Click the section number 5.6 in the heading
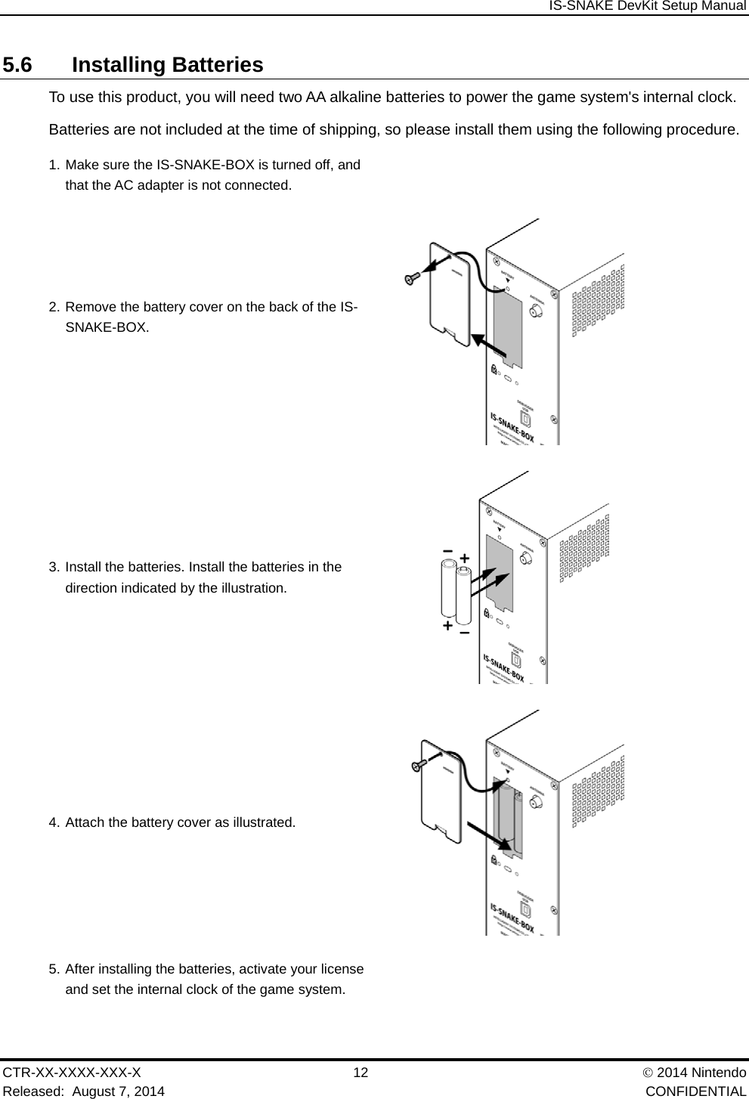coord(17,65)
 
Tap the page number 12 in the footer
coord(361,1073)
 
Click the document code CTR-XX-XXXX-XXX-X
coord(72,1073)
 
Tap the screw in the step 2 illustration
coord(411,279)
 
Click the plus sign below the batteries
coord(448,626)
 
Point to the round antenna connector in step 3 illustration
coord(527,559)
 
